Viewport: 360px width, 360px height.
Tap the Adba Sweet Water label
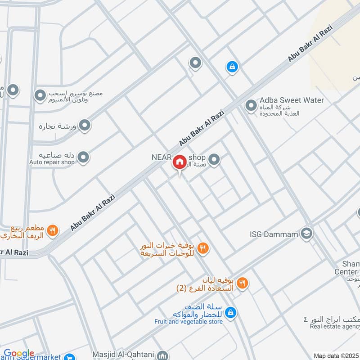coord(292,100)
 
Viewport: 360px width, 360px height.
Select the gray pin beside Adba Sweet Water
coord(250,106)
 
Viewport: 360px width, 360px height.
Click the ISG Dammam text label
coord(274,234)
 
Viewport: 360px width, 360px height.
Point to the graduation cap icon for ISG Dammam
coord(307,234)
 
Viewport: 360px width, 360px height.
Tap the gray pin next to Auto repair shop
coord(83,157)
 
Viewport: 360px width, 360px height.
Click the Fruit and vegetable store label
coord(189,322)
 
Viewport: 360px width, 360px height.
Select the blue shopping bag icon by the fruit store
coord(230,312)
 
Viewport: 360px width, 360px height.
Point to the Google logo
coord(19,354)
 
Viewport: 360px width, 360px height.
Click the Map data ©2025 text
coord(336,355)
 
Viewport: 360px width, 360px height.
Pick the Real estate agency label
coord(335,326)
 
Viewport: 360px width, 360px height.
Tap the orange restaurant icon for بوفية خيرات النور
coord(203,248)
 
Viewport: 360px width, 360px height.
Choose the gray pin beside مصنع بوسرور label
coord(41,95)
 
